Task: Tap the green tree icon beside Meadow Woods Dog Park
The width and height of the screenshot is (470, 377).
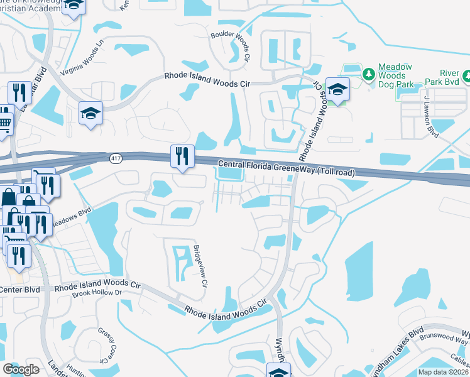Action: point(368,74)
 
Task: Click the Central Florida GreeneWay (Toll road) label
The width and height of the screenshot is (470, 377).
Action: point(286,168)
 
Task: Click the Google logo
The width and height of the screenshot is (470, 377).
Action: point(20,369)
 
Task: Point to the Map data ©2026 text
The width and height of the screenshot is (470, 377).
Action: point(443,372)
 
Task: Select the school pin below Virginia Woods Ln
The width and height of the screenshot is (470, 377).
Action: point(90,114)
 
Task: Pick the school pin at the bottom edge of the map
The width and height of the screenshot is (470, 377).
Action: point(278,371)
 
